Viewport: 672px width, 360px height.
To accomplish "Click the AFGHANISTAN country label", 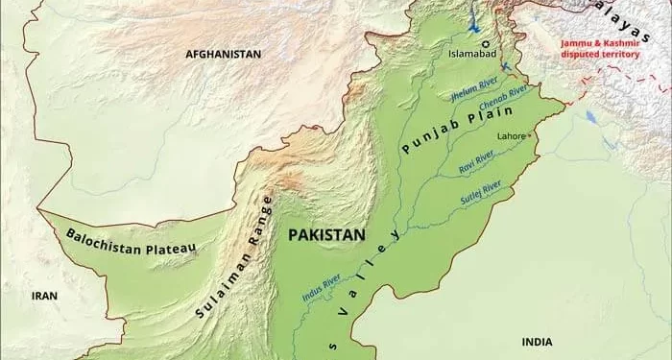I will pyautogui.click(x=223, y=55).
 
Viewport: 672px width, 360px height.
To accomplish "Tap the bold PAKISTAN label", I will pyautogui.click(x=327, y=233).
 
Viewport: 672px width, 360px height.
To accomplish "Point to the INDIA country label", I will pyautogui.click(x=537, y=342).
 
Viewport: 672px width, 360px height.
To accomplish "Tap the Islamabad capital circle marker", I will pyautogui.click(x=486, y=43).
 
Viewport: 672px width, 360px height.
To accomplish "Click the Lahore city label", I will pyautogui.click(x=510, y=136).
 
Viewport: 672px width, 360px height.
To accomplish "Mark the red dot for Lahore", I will pyautogui.click(x=529, y=135).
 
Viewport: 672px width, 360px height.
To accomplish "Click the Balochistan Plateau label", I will pyautogui.click(x=132, y=244).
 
